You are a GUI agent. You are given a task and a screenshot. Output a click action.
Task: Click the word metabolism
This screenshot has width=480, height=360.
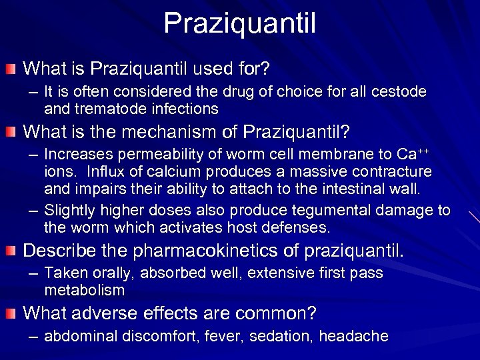pos(85,291)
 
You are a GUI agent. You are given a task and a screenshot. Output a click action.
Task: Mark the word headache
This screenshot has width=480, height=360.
pos(353,336)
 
